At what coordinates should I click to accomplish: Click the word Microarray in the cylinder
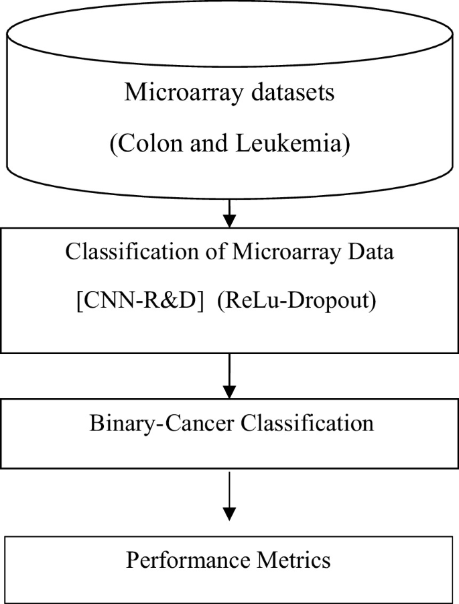point(180,93)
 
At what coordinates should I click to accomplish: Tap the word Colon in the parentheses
point(145,145)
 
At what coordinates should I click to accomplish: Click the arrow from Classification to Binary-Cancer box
point(229,375)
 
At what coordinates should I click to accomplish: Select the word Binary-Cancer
point(153,424)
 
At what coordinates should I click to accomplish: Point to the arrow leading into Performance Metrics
point(229,496)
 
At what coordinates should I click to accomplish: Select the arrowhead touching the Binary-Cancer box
point(229,392)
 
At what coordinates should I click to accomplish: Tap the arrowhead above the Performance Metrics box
point(229,514)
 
